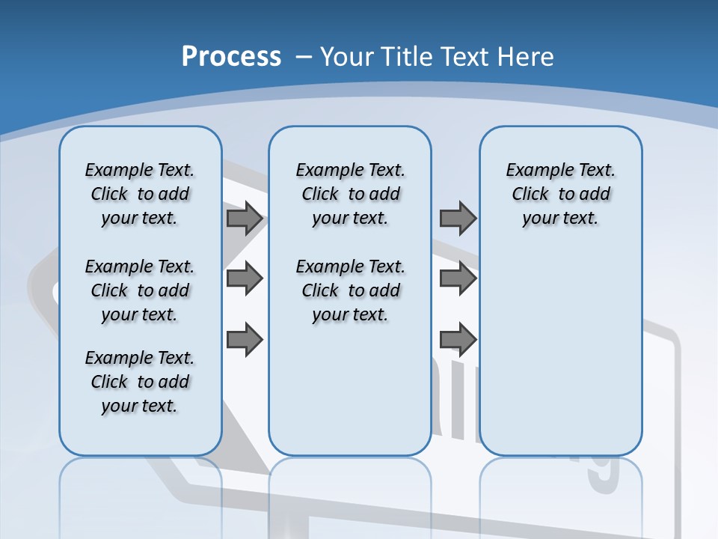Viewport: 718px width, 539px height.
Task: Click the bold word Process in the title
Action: pyautogui.click(x=231, y=57)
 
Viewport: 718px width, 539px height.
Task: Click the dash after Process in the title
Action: pyautogui.click(x=304, y=57)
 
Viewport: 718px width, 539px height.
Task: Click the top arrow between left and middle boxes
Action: pyautogui.click(x=245, y=219)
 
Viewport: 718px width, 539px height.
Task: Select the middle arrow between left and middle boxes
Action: pyautogui.click(x=245, y=279)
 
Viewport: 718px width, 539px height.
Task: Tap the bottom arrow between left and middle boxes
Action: pyautogui.click(x=245, y=340)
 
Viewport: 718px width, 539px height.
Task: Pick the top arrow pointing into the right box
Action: pyautogui.click(x=458, y=219)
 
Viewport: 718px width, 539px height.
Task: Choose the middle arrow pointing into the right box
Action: pyautogui.click(x=458, y=279)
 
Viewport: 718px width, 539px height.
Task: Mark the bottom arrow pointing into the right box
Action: pyautogui.click(x=458, y=340)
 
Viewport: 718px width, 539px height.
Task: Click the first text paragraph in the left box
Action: pyautogui.click(x=140, y=194)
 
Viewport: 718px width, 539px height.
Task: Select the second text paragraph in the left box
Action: pyautogui.click(x=140, y=290)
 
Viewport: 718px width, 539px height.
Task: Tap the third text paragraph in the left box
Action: pyautogui.click(x=140, y=382)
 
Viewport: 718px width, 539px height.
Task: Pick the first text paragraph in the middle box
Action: pyautogui.click(x=350, y=194)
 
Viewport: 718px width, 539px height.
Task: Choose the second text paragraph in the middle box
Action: pyautogui.click(x=350, y=290)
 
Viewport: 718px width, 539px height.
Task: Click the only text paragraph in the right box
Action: pyautogui.click(x=561, y=194)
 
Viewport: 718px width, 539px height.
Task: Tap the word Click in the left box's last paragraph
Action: pyautogui.click(x=109, y=382)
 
